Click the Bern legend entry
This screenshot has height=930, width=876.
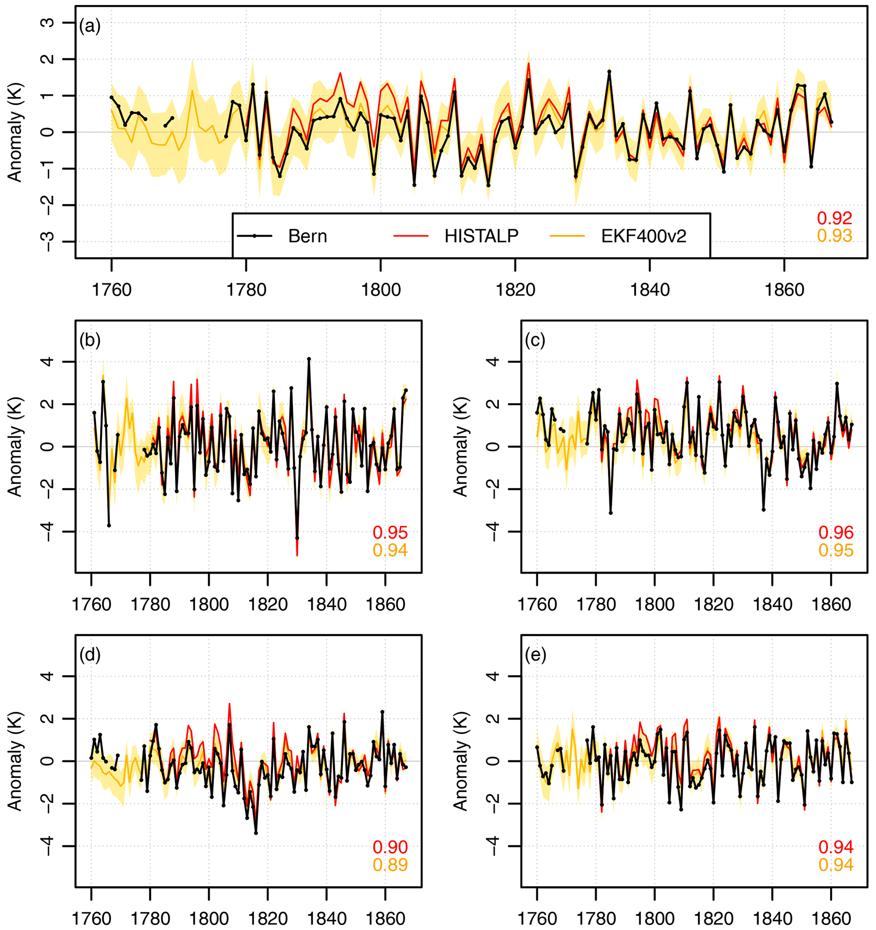pyautogui.click(x=307, y=236)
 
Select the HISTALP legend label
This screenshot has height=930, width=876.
pyautogui.click(x=481, y=236)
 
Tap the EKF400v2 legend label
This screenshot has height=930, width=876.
pyautogui.click(x=644, y=236)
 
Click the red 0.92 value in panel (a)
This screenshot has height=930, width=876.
pyautogui.click(x=835, y=218)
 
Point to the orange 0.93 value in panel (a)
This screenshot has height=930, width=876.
pyautogui.click(x=835, y=236)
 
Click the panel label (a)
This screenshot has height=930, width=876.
pyautogui.click(x=90, y=26)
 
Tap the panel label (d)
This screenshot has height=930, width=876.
pyautogui.click(x=90, y=655)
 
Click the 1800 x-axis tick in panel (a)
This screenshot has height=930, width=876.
pyautogui.click(x=381, y=290)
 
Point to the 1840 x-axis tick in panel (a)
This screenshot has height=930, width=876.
pyautogui.click(x=650, y=290)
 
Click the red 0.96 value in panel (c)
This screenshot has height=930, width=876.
pyautogui.click(x=836, y=532)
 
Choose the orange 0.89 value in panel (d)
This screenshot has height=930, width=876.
pyautogui.click(x=390, y=865)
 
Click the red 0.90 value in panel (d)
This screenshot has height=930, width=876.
pyautogui.click(x=390, y=847)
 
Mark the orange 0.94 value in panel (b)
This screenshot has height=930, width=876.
pyautogui.click(x=390, y=550)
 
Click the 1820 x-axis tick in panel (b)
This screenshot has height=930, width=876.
pyautogui.click(x=267, y=604)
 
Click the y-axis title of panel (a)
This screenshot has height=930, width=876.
pyautogui.click(x=15, y=132)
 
